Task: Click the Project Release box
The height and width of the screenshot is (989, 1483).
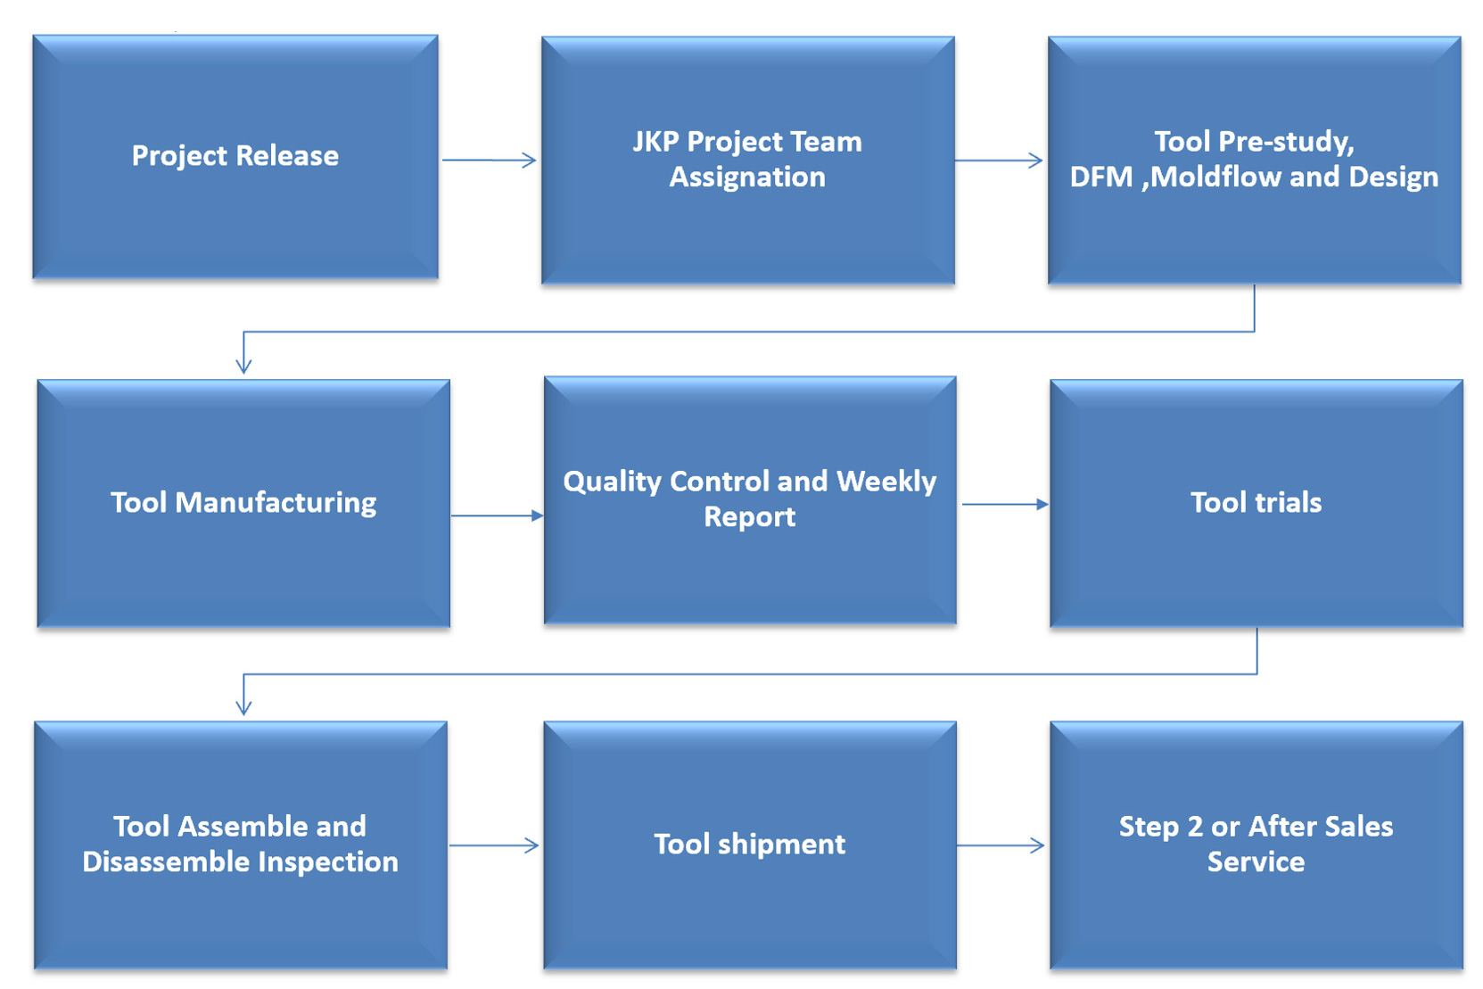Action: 235,157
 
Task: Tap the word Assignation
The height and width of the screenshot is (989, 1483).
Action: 747,177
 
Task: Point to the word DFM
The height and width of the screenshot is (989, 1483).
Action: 1101,177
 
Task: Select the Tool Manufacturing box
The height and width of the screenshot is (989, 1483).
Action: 243,503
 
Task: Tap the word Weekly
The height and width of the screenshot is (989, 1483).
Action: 886,482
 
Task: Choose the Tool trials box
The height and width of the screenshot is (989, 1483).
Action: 1256,503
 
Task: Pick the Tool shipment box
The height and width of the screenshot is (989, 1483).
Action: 750,845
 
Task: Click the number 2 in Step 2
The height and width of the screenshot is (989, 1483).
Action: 1194,827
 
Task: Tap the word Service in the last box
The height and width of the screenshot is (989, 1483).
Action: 1256,861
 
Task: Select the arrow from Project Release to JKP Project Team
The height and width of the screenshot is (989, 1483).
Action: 490,161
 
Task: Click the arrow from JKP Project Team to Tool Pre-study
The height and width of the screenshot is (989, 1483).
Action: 999,161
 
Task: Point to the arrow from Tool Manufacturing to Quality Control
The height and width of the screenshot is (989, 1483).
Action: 498,515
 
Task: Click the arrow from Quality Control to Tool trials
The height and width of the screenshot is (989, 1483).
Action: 1006,505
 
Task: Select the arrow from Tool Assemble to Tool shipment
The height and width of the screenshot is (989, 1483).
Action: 494,845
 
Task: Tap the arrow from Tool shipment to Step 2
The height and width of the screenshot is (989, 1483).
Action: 1001,845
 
